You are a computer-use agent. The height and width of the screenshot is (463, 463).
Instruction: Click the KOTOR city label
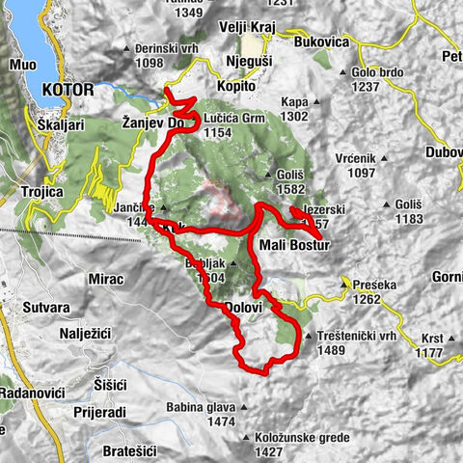click(x=68, y=89)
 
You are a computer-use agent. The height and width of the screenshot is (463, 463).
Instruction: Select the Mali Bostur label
click(x=295, y=245)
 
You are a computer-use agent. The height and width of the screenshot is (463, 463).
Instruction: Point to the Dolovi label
click(x=243, y=307)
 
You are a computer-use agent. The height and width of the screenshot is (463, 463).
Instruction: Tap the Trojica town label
click(x=41, y=191)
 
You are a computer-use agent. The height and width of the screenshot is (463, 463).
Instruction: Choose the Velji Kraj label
click(x=249, y=26)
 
